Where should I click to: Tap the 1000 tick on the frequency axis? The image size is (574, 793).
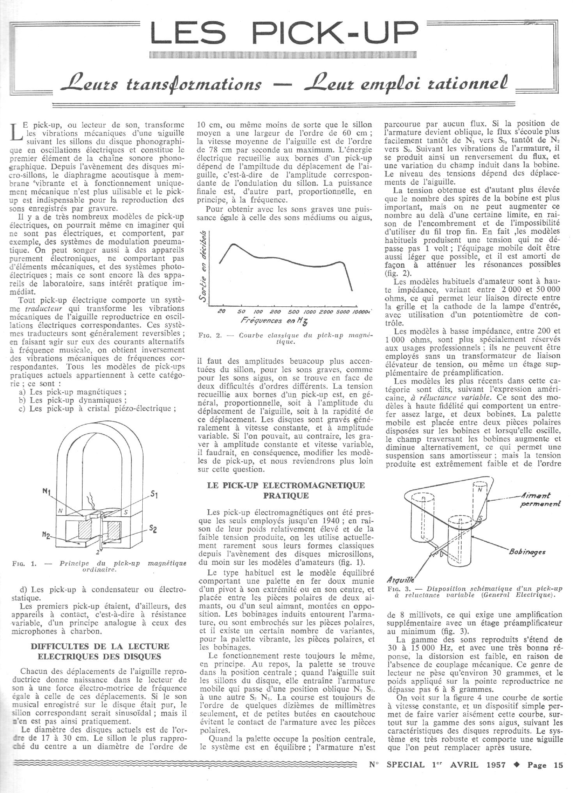click(310, 311)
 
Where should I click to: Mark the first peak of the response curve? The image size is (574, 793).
click(234, 244)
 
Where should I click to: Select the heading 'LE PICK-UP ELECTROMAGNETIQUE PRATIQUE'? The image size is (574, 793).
click(287, 491)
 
